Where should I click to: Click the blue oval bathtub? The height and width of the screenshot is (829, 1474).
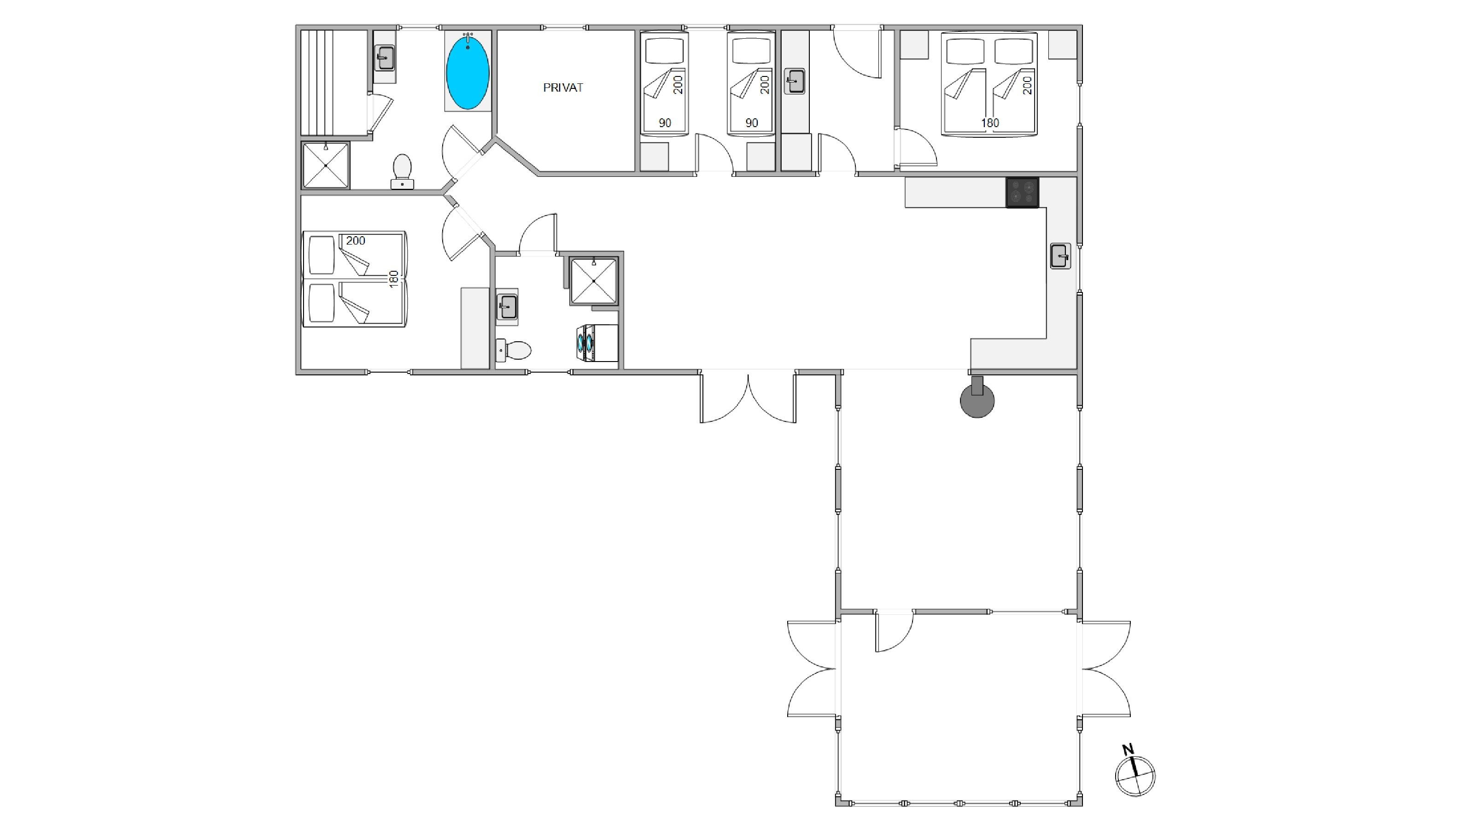coord(468,71)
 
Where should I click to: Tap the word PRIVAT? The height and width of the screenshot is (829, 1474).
coord(563,88)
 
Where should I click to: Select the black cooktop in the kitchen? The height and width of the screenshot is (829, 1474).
coord(1023,193)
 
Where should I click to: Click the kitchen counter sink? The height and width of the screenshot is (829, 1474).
coord(1060,256)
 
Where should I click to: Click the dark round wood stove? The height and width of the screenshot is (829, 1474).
coord(977,399)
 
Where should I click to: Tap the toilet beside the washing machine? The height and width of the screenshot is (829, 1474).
coord(513,350)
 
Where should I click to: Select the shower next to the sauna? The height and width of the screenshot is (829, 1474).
coord(326,165)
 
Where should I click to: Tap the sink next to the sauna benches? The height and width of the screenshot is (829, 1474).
coord(385,58)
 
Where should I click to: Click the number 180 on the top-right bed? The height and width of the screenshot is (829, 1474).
coord(990,123)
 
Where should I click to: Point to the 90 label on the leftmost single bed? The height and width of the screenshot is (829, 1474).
coord(665,123)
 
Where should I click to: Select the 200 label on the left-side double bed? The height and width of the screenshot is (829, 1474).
coord(355,241)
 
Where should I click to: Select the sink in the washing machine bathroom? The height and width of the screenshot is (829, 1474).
coord(507,307)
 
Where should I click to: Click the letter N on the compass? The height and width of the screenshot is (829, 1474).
coord(1128,749)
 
